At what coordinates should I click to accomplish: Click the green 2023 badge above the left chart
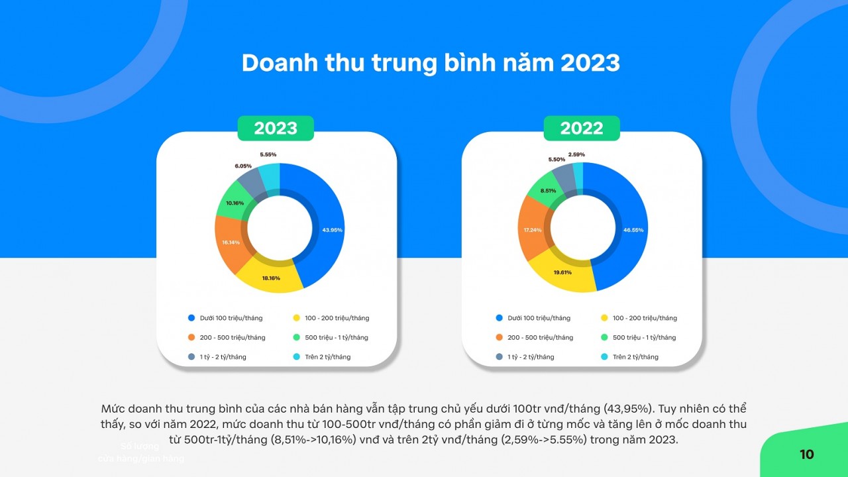click(276, 128)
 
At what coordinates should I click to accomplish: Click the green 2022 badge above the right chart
click(582, 128)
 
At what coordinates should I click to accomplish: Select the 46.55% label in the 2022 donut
click(633, 230)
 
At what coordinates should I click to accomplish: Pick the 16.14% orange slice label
click(231, 242)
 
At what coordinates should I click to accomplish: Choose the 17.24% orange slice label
click(533, 230)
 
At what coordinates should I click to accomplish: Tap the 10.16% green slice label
click(235, 203)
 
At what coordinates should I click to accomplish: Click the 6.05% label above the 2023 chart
click(242, 166)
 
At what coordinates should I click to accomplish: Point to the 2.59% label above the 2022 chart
click(576, 154)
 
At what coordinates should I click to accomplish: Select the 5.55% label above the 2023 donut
click(268, 154)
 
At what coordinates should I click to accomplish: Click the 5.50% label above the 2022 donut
click(556, 160)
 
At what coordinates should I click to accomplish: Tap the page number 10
click(806, 454)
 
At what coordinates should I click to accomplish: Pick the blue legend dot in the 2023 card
click(191, 318)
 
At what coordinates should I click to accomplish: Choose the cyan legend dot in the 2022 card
click(604, 357)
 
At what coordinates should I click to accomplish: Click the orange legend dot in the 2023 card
click(191, 337)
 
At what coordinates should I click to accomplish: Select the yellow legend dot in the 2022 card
click(604, 318)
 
